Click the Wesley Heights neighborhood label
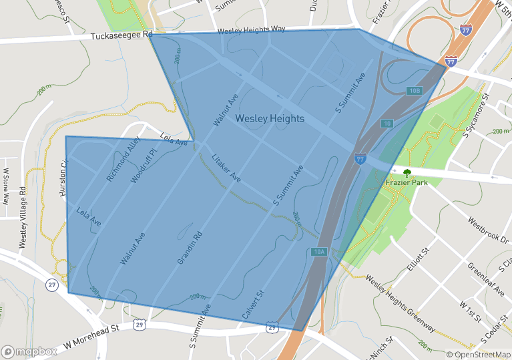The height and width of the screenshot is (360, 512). click(x=270, y=119)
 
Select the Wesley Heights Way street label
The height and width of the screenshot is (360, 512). click(x=252, y=30)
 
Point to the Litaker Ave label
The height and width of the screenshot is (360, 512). click(x=226, y=168)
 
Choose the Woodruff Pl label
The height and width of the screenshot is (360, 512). click(x=143, y=162)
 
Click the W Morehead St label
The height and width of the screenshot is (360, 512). click(x=91, y=338)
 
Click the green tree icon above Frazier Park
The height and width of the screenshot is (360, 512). click(x=406, y=171)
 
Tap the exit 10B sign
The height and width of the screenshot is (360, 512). click(x=414, y=90)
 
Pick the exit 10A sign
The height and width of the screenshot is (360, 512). click(x=318, y=251)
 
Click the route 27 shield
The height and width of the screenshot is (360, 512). click(x=52, y=285)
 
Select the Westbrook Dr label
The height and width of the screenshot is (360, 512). click(x=488, y=229)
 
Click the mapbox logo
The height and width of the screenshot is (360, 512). click(x=29, y=351)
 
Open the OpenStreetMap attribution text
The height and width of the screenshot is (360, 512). click(x=477, y=354)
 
